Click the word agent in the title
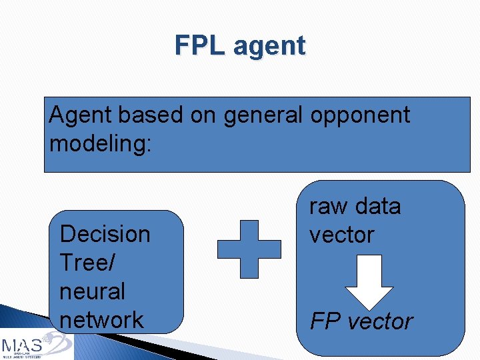tap(269, 47)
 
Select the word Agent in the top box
tap(82, 115)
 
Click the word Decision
tap(105, 234)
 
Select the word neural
tap(92, 291)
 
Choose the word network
tap(101, 319)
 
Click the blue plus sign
tap(249, 249)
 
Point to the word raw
tap(329, 207)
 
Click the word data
tap(377, 206)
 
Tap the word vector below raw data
tap(341, 235)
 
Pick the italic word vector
tap(381, 321)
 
